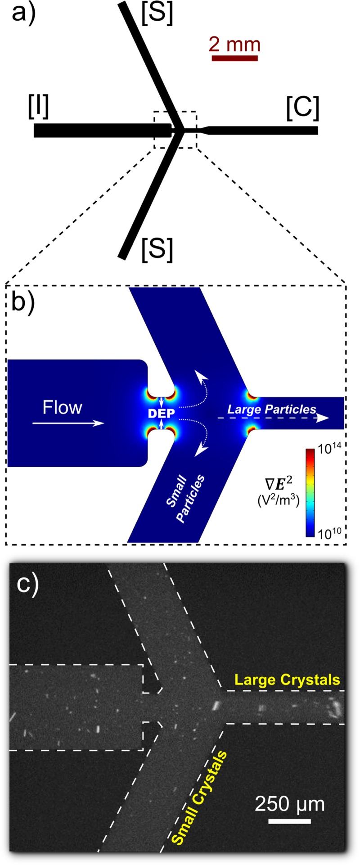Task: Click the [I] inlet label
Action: pyautogui.click(x=38, y=108)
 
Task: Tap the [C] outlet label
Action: pyautogui.click(x=302, y=108)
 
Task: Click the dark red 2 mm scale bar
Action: pyautogui.click(x=234, y=58)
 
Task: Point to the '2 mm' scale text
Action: pyautogui.click(x=234, y=45)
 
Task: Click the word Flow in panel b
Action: pyautogui.click(x=63, y=408)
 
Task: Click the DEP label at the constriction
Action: pyautogui.click(x=161, y=412)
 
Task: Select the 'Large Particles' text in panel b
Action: pyautogui.click(x=271, y=409)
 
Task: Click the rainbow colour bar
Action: pyautogui.click(x=310, y=493)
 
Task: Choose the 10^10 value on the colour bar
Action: pyautogui.click(x=331, y=534)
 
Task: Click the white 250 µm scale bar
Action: pyautogui.click(x=289, y=822)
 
